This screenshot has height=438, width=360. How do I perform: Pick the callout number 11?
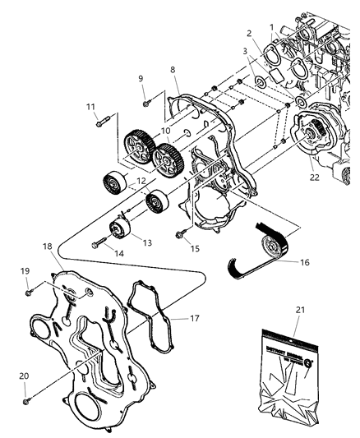(91, 106)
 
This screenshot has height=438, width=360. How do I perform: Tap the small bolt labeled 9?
(145, 102)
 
